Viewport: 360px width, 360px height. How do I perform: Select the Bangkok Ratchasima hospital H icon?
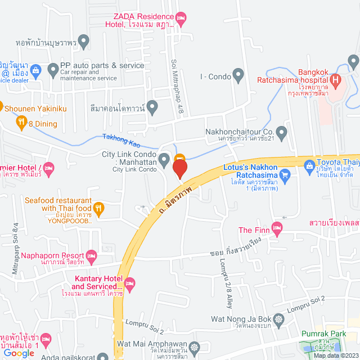[336, 79]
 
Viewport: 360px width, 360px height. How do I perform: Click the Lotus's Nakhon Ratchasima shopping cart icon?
[285, 175]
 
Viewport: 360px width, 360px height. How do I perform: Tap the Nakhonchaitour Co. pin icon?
[282, 133]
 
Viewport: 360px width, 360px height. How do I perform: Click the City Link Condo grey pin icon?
[164, 160]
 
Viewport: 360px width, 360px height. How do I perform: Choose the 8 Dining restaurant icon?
[21, 121]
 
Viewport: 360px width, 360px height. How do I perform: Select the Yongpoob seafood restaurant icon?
[99, 208]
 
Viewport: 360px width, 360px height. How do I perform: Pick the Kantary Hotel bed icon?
[130, 282]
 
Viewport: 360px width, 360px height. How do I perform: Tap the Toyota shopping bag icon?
[309, 166]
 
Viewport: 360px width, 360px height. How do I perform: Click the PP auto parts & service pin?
[53, 70]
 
